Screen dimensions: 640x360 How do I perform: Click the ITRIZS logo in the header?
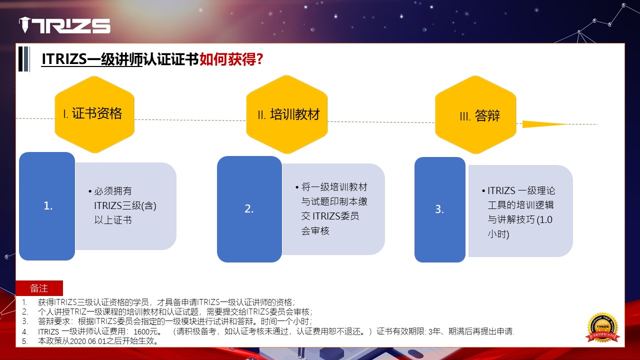tap(64, 25)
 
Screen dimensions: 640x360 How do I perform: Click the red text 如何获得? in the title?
tap(231, 59)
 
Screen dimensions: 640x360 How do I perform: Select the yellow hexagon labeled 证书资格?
tap(94, 114)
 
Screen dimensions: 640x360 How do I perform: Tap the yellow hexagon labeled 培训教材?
tap(287, 114)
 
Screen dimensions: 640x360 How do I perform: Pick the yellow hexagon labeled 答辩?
tap(475, 115)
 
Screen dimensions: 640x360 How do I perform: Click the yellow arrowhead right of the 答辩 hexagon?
tap(544, 124)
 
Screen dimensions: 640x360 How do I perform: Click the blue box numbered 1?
tap(47, 206)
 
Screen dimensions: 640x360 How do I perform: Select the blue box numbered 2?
tap(249, 209)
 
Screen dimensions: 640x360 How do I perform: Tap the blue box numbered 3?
tap(440, 209)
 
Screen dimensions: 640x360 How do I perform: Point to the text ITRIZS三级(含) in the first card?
tap(125, 205)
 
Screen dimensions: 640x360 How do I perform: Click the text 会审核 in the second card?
tap(315, 230)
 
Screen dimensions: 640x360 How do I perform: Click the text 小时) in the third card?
tap(498, 234)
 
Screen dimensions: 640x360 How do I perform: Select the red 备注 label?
tap(39, 288)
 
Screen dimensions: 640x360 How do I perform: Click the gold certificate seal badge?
tap(603, 327)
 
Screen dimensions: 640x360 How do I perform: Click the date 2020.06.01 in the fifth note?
tap(88, 341)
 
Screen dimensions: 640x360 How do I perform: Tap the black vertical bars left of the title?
tap(24, 59)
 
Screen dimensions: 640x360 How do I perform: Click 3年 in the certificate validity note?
tap(434, 331)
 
